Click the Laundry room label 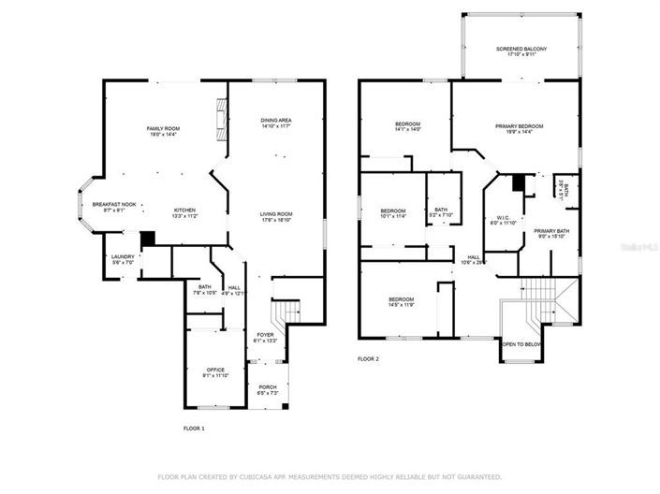click(123, 259)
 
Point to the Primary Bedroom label click(519, 128)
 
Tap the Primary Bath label click(551, 233)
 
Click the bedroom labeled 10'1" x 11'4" click(393, 213)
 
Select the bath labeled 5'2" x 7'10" click(440, 212)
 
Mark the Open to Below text click(521, 343)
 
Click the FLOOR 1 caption click(193, 429)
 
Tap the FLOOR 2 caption click(369, 358)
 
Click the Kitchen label click(184, 211)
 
